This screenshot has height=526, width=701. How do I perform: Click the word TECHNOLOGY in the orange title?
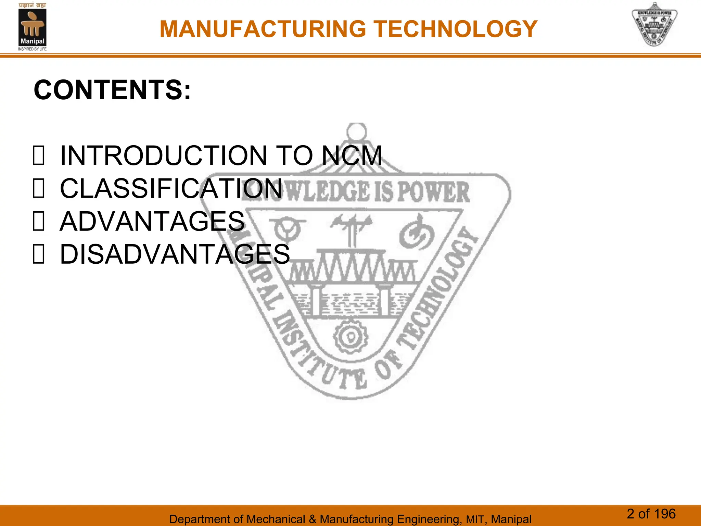[455, 29]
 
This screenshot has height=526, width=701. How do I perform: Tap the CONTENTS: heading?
[112, 90]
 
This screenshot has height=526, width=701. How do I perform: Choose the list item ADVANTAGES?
[152, 221]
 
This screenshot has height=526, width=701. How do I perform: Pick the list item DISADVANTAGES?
[175, 254]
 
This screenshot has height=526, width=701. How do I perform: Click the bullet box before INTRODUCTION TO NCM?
[38, 156]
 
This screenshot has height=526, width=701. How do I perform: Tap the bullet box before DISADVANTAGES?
[38, 254]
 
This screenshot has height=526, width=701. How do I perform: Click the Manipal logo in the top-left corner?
[32, 27]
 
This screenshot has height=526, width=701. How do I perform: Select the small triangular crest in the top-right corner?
[654, 25]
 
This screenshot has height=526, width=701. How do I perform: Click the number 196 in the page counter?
[664, 514]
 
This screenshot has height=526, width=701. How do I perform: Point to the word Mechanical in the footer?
[276, 519]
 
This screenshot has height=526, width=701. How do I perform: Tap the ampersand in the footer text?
[313, 519]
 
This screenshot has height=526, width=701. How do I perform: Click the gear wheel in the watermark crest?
[350, 337]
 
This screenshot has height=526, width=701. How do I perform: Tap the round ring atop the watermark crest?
[356, 131]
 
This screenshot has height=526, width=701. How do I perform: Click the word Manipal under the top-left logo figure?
[32, 41]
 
